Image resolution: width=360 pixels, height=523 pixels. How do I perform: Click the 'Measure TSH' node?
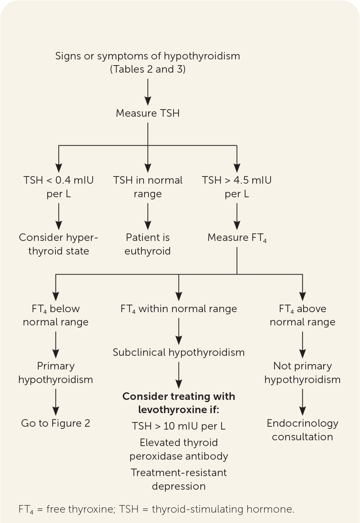pyautogui.click(x=147, y=113)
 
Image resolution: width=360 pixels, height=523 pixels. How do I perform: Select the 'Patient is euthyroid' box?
pyautogui.click(x=147, y=244)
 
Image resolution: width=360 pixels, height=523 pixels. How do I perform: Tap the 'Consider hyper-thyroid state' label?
pyautogui.click(x=58, y=244)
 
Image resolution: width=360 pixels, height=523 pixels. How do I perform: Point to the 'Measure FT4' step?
pyautogui.click(x=237, y=238)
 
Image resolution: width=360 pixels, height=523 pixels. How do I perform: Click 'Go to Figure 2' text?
pyautogui.click(x=55, y=423)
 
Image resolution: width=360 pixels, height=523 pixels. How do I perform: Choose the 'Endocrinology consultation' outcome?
pyautogui.click(x=302, y=430)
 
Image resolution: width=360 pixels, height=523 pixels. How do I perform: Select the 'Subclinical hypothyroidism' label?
pyautogui.click(x=179, y=352)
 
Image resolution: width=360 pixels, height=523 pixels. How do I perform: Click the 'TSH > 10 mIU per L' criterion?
pyautogui.click(x=179, y=426)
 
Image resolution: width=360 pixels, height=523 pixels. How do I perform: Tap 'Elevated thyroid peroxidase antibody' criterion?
pyautogui.click(x=179, y=449)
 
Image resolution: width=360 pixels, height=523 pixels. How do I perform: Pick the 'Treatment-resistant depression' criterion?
pyautogui.click(x=179, y=479)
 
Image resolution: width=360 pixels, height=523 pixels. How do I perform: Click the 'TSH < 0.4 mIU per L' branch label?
pyautogui.click(x=58, y=187)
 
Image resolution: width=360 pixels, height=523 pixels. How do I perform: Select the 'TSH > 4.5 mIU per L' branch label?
pyautogui.click(x=237, y=187)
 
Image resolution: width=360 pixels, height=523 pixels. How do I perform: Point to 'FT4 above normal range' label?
pyautogui.click(x=302, y=315)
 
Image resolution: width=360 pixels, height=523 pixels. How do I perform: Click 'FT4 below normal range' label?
pyautogui.click(x=55, y=315)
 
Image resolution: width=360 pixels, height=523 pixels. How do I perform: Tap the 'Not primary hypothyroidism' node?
pyautogui.click(x=302, y=373)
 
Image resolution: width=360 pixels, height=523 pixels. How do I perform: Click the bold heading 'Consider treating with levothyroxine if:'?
pyautogui.click(x=179, y=403)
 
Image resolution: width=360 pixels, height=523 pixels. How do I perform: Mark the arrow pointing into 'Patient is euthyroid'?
pyautogui.click(x=148, y=216)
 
